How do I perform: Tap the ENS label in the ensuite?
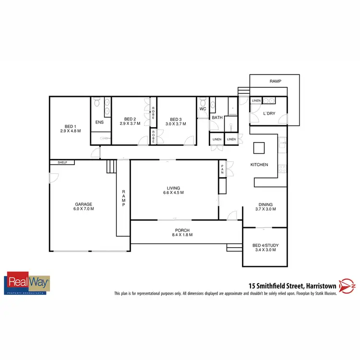pyautogui.click(x=99, y=122)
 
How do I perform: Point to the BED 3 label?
pyautogui.click(x=175, y=119)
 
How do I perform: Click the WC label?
pyautogui.click(x=202, y=108)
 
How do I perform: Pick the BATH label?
pyautogui.click(x=217, y=118)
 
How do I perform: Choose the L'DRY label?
pyautogui.click(x=269, y=114)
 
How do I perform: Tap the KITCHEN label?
pyautogui.click(x=259, y=165)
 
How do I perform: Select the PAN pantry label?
pyautogui.click(x=222, y=169)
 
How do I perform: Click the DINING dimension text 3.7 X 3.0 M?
pyautogui.click(x=265, y=209)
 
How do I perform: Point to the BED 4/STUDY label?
pyautogui.click(x=265, y=246)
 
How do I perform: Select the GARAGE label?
pyautogui.click(x=83, y=204)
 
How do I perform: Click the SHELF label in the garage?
pyautogui.click(x=62, y=163)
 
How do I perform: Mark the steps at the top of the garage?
pyautogui.click(x=111, y=166)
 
